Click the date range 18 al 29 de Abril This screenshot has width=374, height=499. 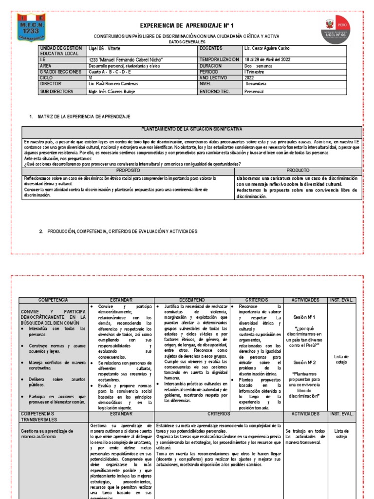click(268, 59)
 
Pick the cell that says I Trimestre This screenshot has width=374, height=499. click(255, 72)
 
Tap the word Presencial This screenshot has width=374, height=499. click(254, 91)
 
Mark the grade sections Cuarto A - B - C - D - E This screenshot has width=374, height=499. click(110, 72)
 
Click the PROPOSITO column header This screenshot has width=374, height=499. click(129, 171)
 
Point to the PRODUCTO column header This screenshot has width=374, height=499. click(298, 171)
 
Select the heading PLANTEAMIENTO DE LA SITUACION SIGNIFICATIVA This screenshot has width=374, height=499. click(191, 130)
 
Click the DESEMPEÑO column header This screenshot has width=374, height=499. click(191, 300)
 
